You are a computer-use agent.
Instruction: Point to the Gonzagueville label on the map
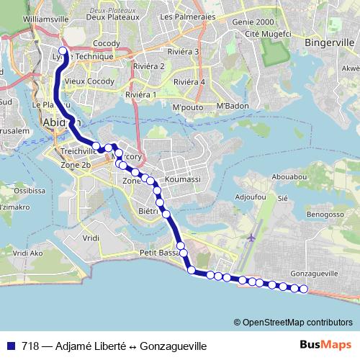tap(314, 274)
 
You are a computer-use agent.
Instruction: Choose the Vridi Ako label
tap(28, 253)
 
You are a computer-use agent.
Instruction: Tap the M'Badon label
tap(232, 107)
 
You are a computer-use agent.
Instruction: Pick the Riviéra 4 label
tap(192, 81)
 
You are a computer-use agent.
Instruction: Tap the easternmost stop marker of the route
tap(303, 289)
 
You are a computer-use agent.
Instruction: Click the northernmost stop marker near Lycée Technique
tap(63, 51)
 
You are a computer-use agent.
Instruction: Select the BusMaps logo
tap(329, 346)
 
